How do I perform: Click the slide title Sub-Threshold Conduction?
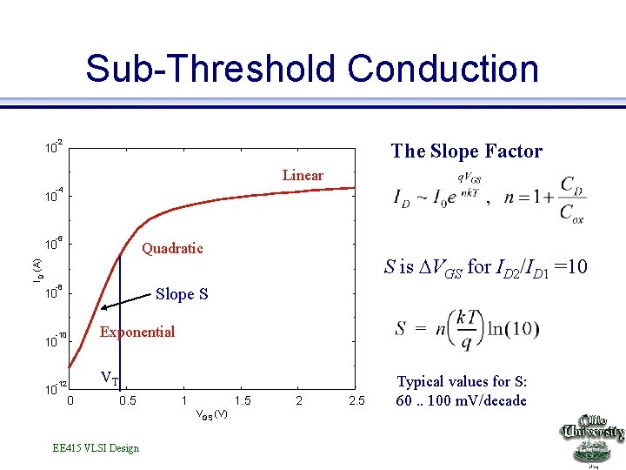click(312, 69)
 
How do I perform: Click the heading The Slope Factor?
click(466, 151)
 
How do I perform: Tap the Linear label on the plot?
click(303, 176)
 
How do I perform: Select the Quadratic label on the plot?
click(172, 249)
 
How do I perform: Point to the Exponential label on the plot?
click(137, 332)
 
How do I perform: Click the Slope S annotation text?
click(182, 294)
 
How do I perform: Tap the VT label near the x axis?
click(110, 379)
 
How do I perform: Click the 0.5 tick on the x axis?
click(127, 400)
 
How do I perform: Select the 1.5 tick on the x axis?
click(243, 400)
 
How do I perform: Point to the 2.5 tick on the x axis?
click(356, 400)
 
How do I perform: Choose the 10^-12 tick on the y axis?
click(56, 388)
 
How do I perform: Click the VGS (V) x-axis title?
click(211, 413)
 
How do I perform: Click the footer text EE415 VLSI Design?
click(96, 448)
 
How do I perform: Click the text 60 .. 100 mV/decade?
click(462, 400)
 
